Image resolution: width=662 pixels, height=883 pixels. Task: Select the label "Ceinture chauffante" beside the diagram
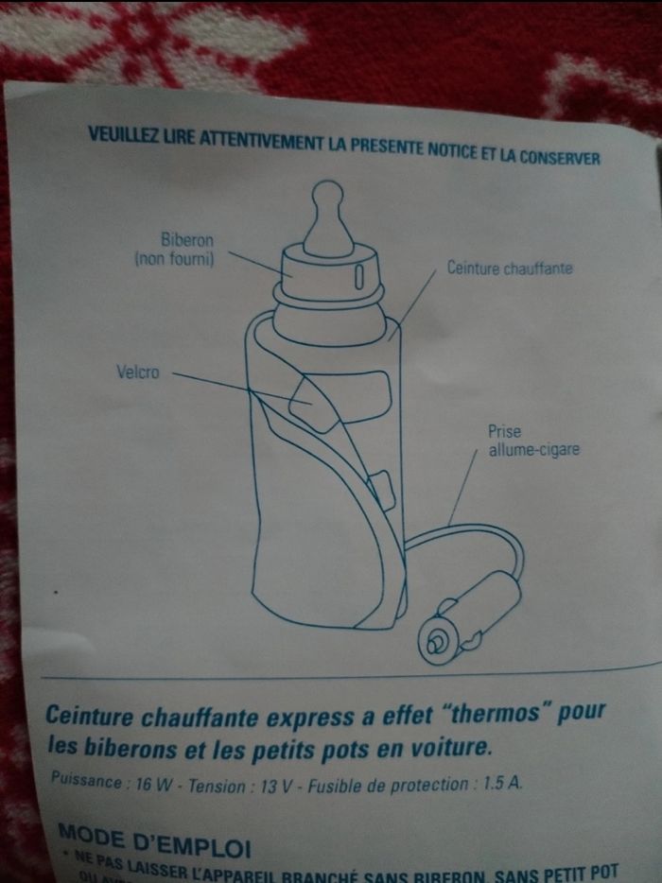pos(510,268)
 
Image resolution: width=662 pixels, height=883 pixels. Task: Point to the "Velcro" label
pos(138,372)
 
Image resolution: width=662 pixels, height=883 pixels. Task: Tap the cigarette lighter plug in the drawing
pos(470,619)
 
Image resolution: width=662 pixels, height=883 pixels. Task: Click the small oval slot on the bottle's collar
pos(359,275)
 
